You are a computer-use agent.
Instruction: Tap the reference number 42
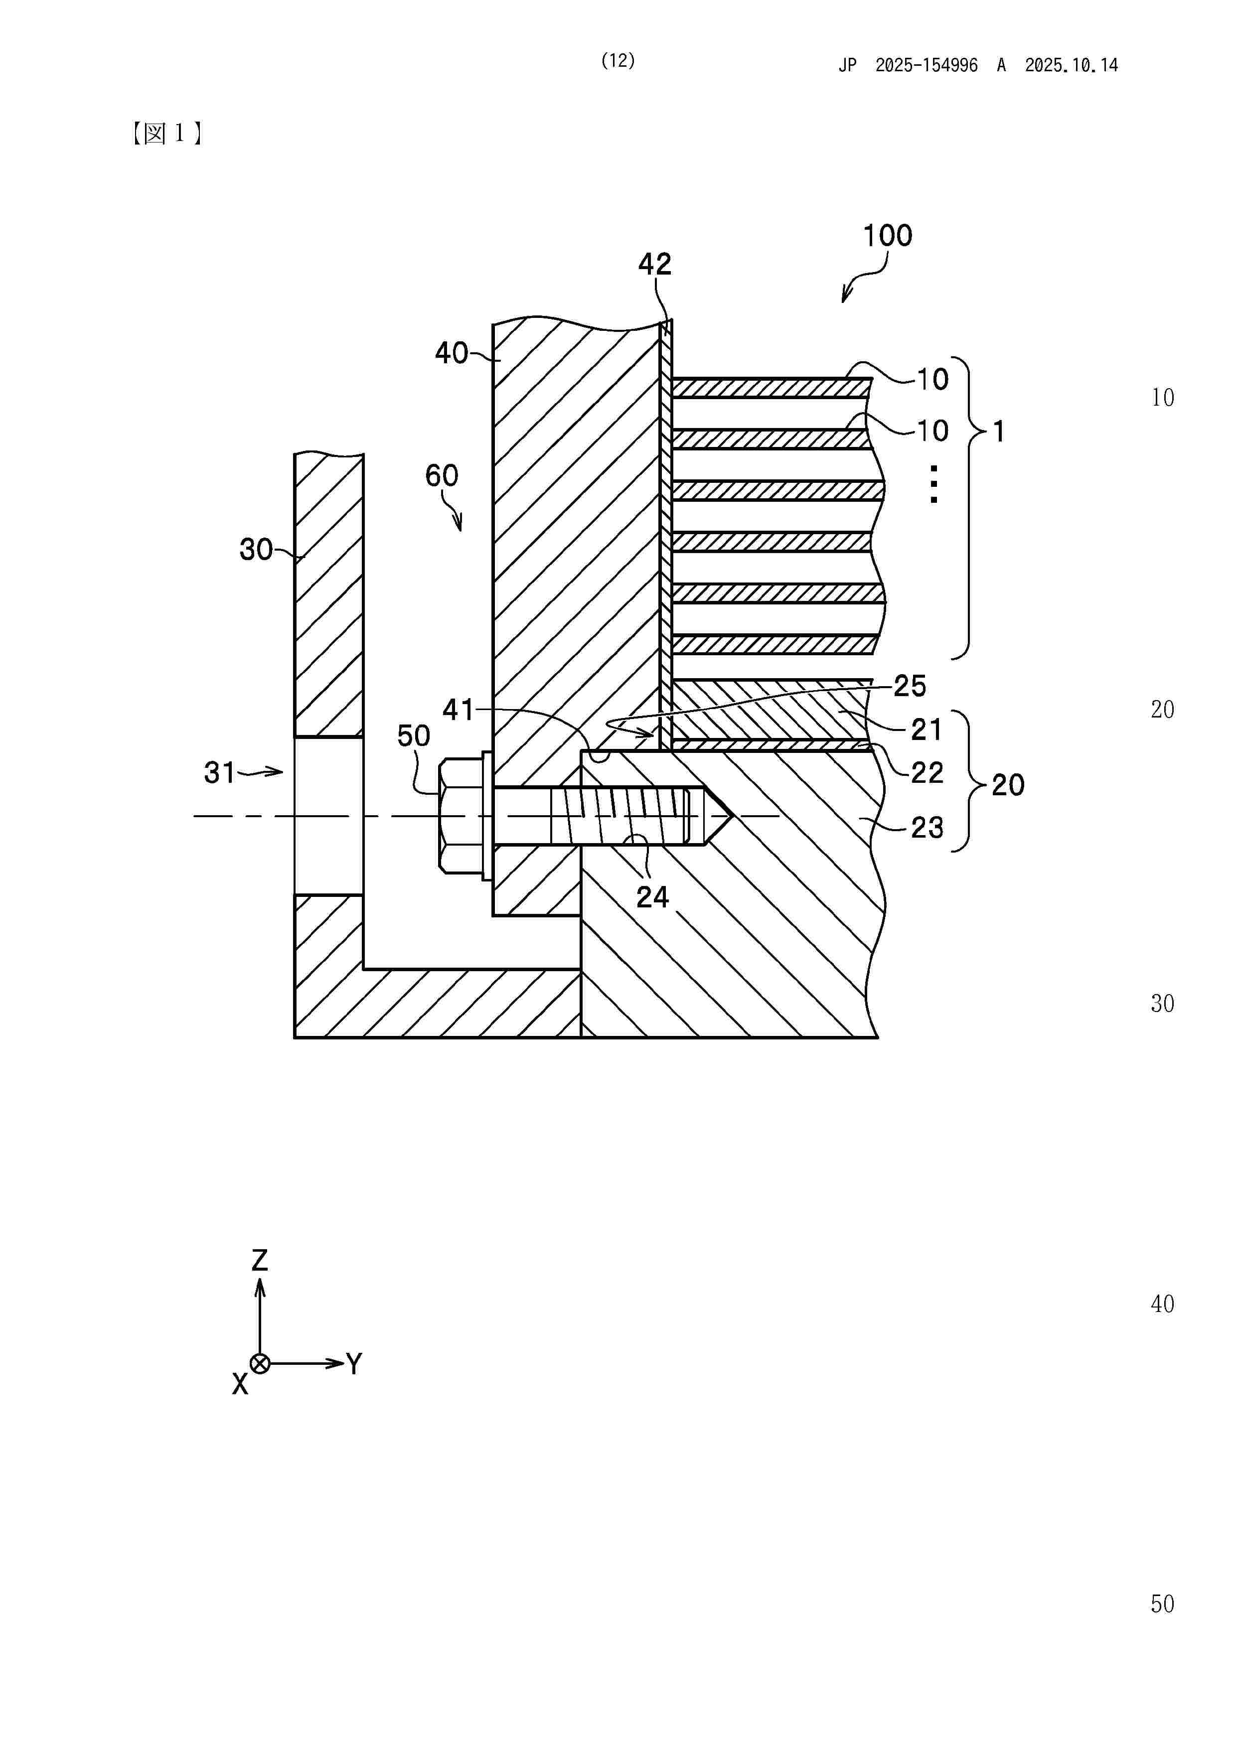click(655, 264)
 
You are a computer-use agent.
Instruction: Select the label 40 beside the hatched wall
click(451, 353)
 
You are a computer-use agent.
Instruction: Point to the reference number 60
click(442, 476)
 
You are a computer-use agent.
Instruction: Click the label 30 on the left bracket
click(256, 549)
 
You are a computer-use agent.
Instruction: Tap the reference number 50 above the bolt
click(414, 735)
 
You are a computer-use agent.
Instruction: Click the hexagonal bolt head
click(460, 815)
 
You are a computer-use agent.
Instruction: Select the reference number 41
click(459, 710)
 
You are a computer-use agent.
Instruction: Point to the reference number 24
click(653, 897)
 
